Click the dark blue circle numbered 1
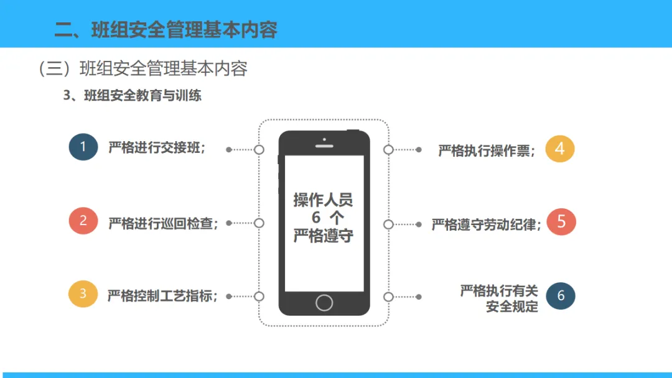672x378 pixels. pos(83,147)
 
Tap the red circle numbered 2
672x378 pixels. pos(83,221)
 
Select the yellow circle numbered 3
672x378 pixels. pos(83,294)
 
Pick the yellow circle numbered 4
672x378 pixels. pos(560,149)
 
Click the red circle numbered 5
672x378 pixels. pos(561,222)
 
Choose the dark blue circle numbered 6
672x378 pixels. pos(561,296)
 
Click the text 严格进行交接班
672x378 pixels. pos(157,149)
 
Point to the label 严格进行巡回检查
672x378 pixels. pos(164,223)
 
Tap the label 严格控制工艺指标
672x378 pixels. pos(163,296)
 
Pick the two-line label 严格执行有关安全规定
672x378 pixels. pos(499,298)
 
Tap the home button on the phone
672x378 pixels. pos(324,302)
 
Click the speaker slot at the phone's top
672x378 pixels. pos(324,146)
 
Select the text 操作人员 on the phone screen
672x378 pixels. pos(324,200)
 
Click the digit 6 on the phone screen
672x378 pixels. pos(316,218)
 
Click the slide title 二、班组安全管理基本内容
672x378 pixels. pos(166,30)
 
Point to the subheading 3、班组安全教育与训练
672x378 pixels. pos(133,96)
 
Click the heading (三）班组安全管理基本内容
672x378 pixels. pos(143,68)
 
